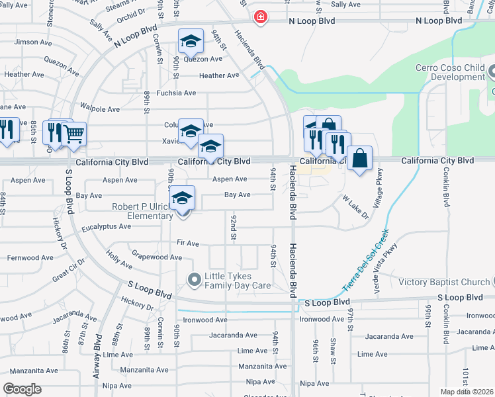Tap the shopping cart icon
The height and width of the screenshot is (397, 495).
(x=73, y=134)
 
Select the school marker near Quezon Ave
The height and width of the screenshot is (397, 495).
(x=190, y=43)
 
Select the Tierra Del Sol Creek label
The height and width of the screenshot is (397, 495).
(x=364, y=262)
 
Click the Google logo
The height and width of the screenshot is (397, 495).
(x=22, y=389)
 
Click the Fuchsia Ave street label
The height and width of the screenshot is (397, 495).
(x=172, y=93)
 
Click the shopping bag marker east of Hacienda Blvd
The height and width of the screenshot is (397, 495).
(x=359, y=159)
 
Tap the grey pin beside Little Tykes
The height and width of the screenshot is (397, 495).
(x=195, y=281)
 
